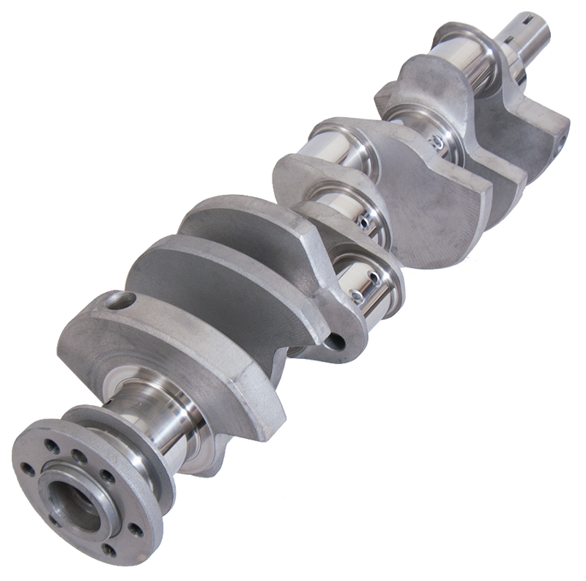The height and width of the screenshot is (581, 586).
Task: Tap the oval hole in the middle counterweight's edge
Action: (338, 340)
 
